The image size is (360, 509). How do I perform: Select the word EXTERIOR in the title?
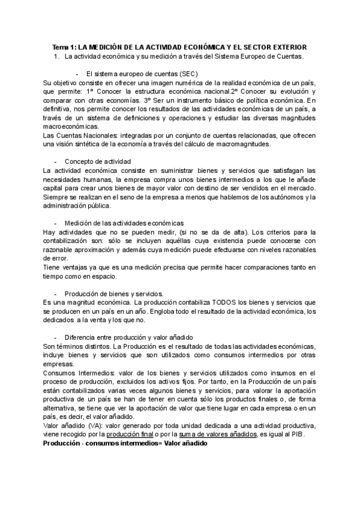point(287,47)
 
